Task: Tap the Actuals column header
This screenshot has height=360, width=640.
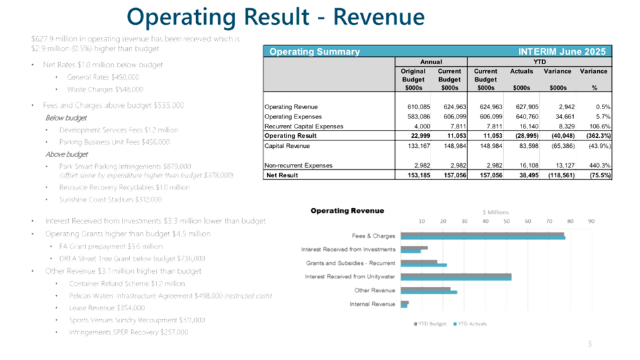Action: (x=522, y=71)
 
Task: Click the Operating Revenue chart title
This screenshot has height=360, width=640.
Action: (x=338, y=211)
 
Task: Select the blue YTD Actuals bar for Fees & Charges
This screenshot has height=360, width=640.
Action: (x=482, y=238)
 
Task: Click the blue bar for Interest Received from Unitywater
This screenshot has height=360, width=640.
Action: (x=455, y=278)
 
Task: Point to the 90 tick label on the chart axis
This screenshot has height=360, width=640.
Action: (x=591, y=221)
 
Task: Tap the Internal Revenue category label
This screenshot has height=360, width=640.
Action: (x=372, y=304)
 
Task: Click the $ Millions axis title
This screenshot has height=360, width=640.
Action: (x=496, y=211)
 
